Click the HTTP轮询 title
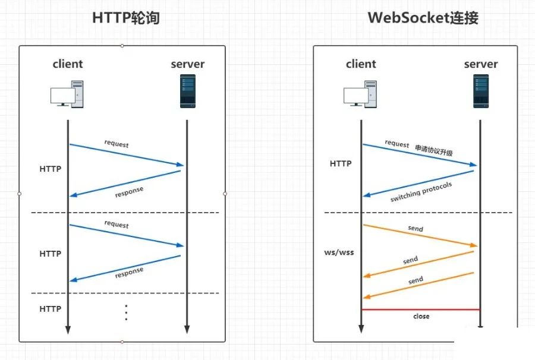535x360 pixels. click(126, 18)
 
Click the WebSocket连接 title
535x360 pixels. click(423, 18)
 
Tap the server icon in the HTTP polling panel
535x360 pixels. click(188, 91)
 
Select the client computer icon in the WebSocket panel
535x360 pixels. click(360, 94)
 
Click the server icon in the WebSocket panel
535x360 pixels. click(481, 91)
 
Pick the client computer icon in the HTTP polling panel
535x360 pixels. click(67, 94)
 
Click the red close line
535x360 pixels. click(421, 310)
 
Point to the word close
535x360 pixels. click(421, 317)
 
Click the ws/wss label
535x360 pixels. click(339, 252)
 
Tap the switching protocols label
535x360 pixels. click(421, 192)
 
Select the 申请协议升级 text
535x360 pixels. click(434, 150)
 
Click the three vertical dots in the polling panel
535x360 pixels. click(126, 312)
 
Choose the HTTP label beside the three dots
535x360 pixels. click(51, 309)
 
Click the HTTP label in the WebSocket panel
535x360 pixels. click(341, 163)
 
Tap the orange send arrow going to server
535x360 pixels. click(420, 235)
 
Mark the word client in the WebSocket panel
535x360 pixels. click(361, 64)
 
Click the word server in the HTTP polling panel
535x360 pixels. click(188, 64)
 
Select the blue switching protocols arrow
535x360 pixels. click(418, 184)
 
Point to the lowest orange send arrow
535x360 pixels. click(418, 286)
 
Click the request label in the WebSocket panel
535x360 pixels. click(397, 144)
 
